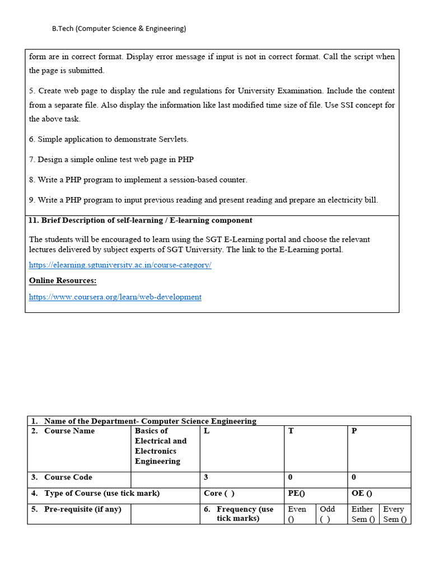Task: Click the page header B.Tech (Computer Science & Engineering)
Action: [119, 29]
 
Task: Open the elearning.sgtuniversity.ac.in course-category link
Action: [120, 265]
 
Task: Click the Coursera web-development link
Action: [115, 297]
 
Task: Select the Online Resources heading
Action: [63, 280]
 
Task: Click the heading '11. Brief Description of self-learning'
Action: [140, 220]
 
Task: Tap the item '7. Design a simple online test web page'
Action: [111, 159]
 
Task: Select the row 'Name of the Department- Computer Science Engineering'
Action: [149, 421]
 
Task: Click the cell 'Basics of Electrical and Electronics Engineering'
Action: [161, 446]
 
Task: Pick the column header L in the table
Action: [207, 431]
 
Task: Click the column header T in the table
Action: [291, 431]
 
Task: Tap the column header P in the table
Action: [354, 431]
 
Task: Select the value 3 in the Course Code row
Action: [206, 477]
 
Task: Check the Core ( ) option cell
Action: [219, 493]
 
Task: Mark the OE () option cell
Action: [362, 493]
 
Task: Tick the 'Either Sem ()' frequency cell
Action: [363, 514]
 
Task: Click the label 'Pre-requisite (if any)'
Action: [82, 509]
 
